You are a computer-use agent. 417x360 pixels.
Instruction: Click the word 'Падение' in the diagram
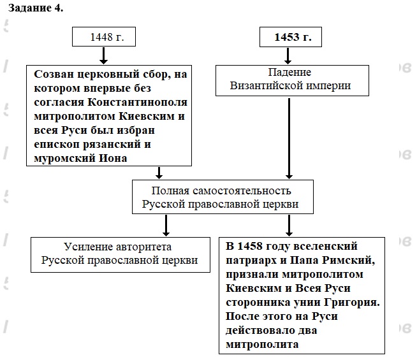[289, 72]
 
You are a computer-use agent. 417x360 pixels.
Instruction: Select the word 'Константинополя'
[136, 103]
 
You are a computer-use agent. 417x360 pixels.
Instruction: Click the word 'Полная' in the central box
[168, 191]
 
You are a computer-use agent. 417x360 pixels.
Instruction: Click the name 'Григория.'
[352, 302]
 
